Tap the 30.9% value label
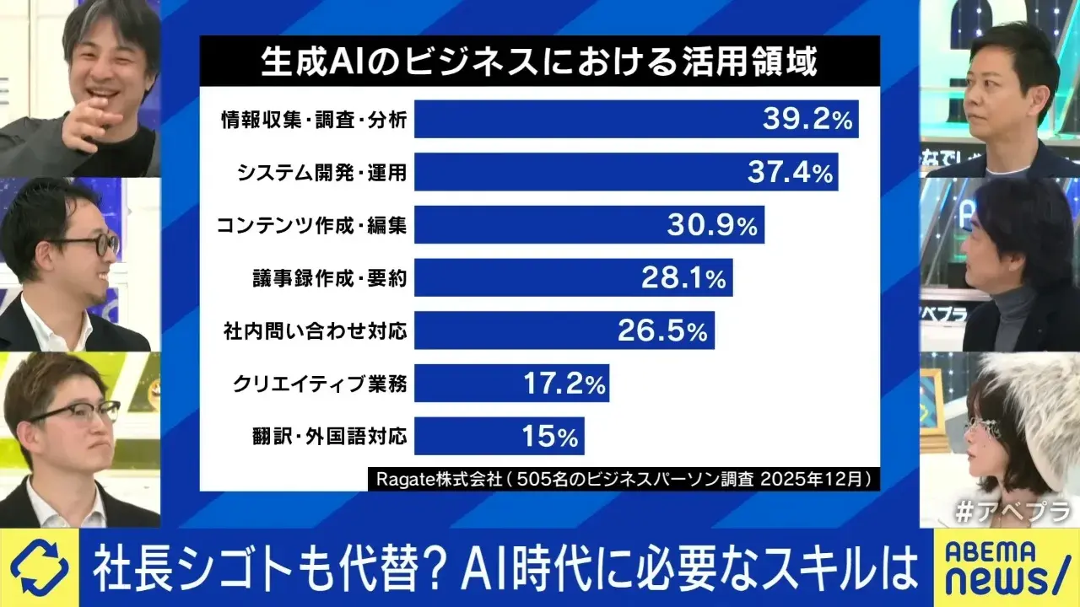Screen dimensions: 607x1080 [713, 225]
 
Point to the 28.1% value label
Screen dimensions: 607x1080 [683, 278]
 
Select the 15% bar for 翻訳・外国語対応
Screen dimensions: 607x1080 [499, 437]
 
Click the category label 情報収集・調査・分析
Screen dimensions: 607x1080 [311, 121]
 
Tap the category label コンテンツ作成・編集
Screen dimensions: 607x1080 [311, 226]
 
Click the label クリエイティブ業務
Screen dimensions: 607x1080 [320, 384]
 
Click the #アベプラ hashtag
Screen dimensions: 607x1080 [1012, 511]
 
